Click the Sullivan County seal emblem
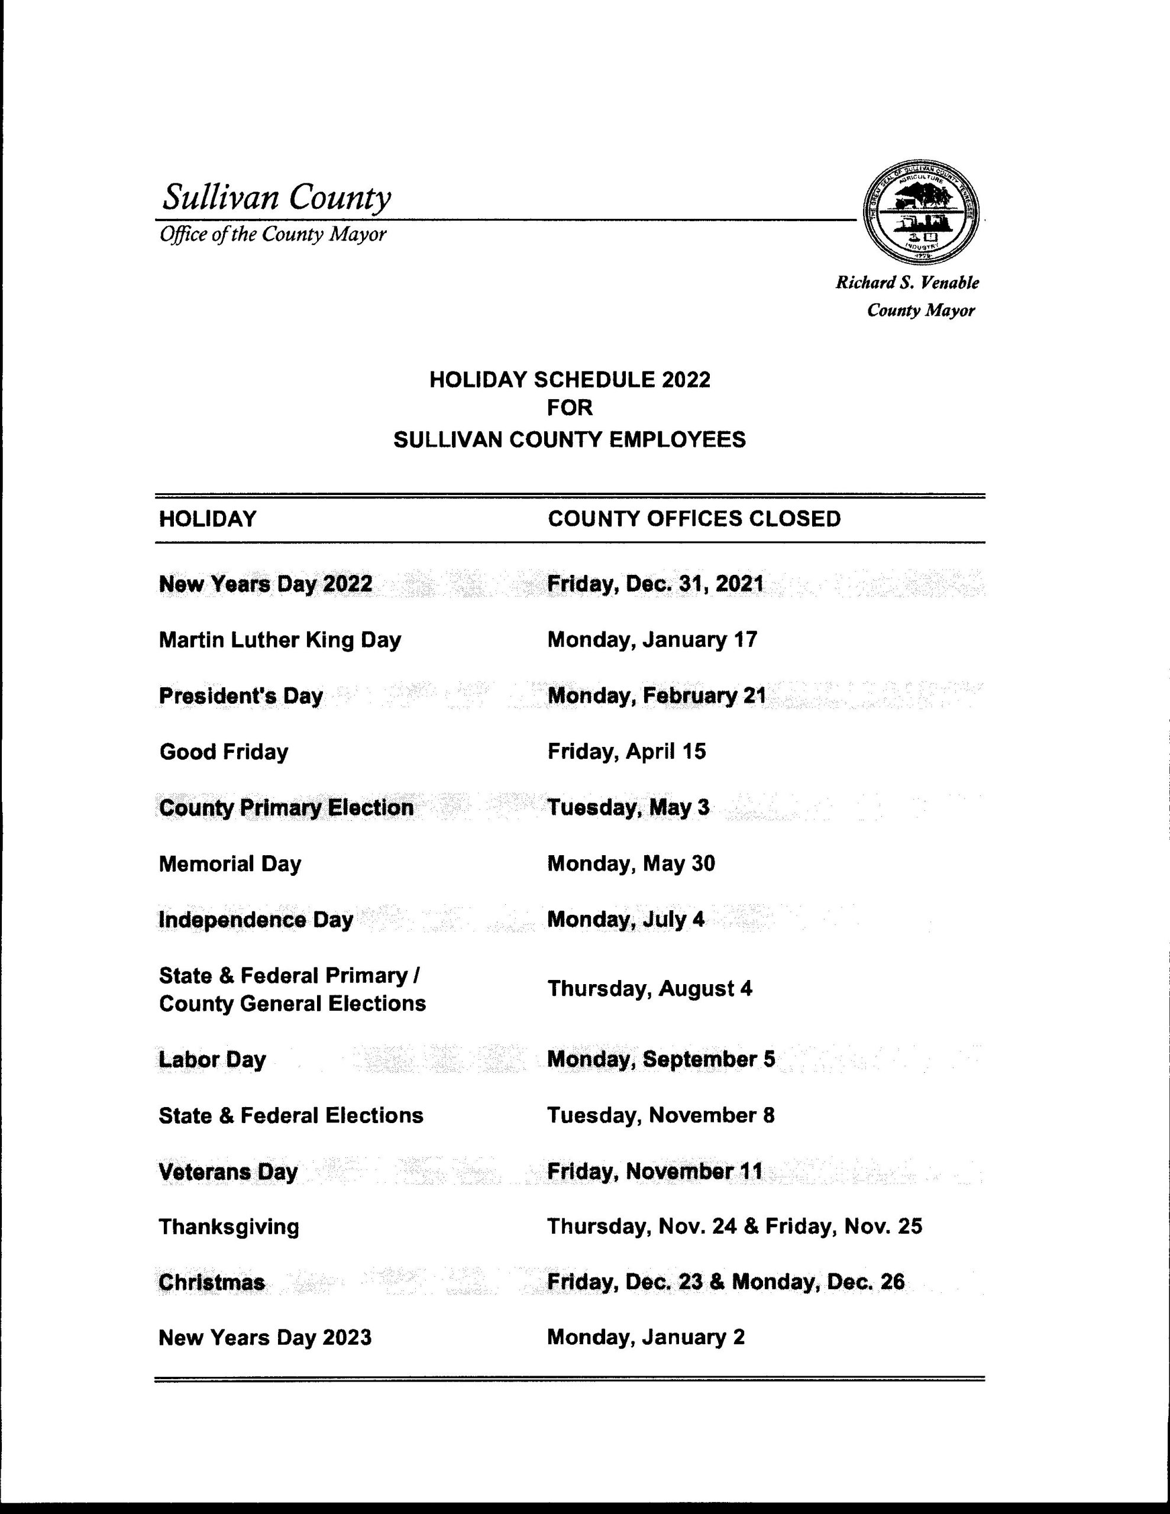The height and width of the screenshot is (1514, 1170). tap(921, 215)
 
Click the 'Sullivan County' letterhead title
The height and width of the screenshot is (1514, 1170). tap(276, 197)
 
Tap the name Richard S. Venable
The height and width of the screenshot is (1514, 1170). tap(907, 283)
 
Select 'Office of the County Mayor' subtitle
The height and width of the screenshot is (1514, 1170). tap(273, 235)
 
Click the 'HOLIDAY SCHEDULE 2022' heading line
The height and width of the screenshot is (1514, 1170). tap(570, 380)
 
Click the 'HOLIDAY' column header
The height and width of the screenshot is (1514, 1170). tap(208, 519)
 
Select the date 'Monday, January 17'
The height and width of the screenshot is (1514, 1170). tap(652, 639)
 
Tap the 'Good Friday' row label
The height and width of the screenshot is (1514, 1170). tap(224, 752)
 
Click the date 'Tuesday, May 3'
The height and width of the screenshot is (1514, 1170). tap(628, 808)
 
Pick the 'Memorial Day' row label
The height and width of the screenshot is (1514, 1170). tap(230, 864)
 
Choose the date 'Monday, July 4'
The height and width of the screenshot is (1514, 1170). tap(626, 920)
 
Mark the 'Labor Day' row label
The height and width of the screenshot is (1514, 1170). tap(212, 1059)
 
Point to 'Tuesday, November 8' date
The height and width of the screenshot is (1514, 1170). tap(660, 1115)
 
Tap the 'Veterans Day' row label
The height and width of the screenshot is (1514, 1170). tap(228, 1172)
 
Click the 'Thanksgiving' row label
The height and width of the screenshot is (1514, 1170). tap(229, 1227)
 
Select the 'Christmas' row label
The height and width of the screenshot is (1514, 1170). tap(212, 1282)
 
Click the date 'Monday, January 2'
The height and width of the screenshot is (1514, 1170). tap(646, 1337)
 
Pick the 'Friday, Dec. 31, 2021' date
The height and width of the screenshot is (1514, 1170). tap(655, 584)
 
